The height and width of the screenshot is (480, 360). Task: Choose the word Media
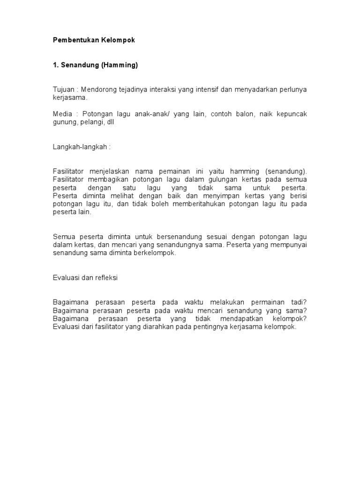click(62, 114)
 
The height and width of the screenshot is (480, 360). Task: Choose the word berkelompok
click(159, 253)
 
